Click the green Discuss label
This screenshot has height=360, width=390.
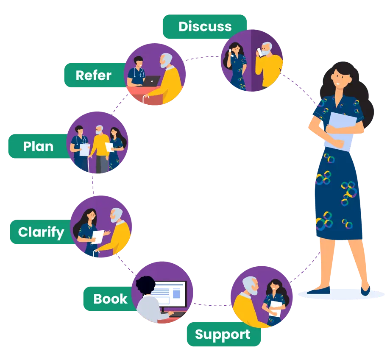pos(205,26)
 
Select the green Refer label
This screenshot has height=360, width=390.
pos(93,75)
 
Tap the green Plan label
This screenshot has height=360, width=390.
pos(38,146)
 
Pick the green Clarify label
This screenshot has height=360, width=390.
pos(41,232)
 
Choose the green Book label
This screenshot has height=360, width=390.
pos(110,299)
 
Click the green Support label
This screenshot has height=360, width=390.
pos(223,335)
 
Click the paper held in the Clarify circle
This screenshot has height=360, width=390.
pos(98,236)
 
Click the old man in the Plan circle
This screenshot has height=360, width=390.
pos(100,146)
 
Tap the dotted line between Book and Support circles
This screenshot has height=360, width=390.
pos(211,304)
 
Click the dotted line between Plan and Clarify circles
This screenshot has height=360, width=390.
pos(93,184)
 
